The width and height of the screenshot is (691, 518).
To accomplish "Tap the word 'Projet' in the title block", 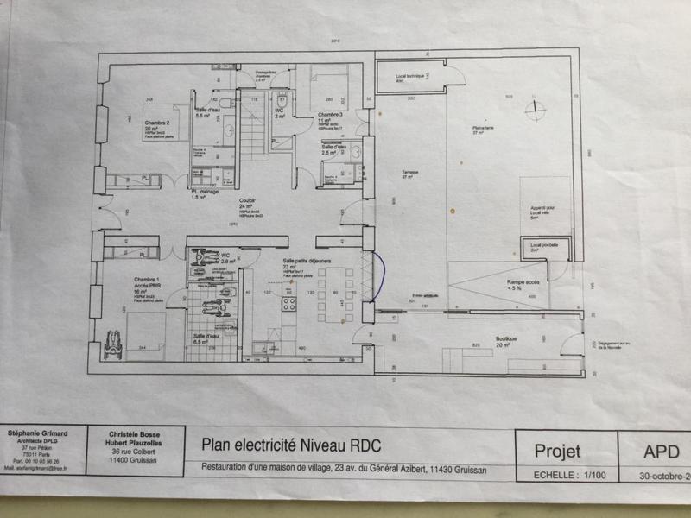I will click(557, 451).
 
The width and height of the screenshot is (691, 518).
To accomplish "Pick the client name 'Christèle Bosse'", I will click(134, 434).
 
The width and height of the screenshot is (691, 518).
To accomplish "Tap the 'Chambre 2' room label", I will click(156, 123).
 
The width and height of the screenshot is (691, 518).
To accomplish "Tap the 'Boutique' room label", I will click(505, 339).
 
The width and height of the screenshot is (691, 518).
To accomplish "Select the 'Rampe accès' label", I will click(515, 280).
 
